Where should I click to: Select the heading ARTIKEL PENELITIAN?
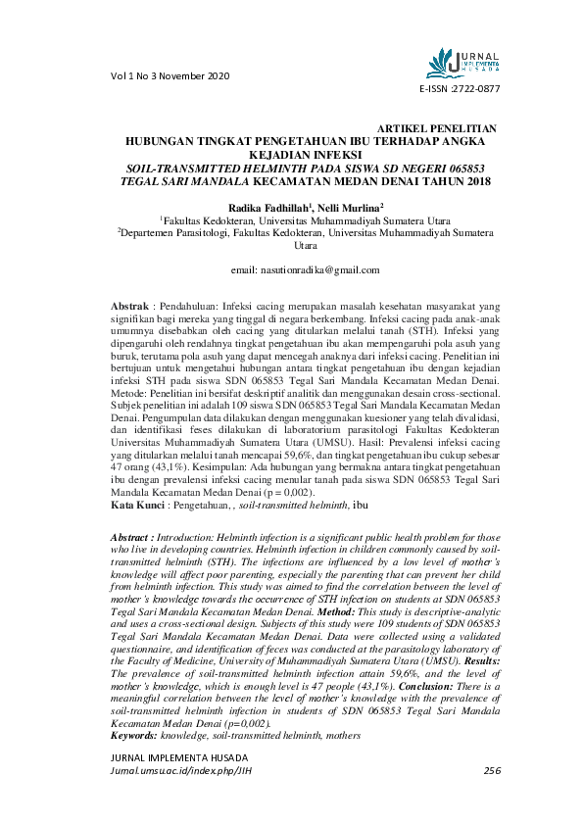pos(437,129)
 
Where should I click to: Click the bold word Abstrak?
pos(130,307)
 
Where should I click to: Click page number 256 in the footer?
pos(492,771)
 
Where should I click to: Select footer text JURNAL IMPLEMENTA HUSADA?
pos(179,758)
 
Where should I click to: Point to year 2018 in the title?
pos(474,181)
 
